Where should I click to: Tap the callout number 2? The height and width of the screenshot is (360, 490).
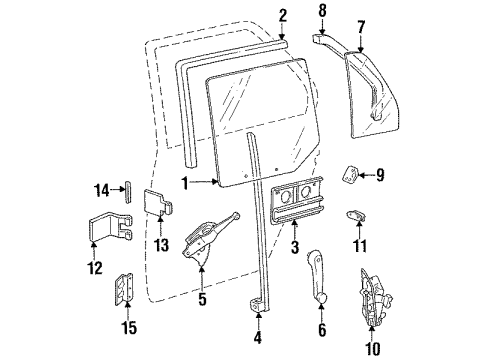(x=283, y=14)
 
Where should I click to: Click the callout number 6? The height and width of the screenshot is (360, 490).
(x=321, y=329)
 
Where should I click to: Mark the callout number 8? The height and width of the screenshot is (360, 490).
(x=322, y=12)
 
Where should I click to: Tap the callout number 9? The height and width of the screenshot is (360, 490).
(x=381, y=174)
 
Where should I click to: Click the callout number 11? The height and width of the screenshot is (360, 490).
(x=362, y=246)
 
